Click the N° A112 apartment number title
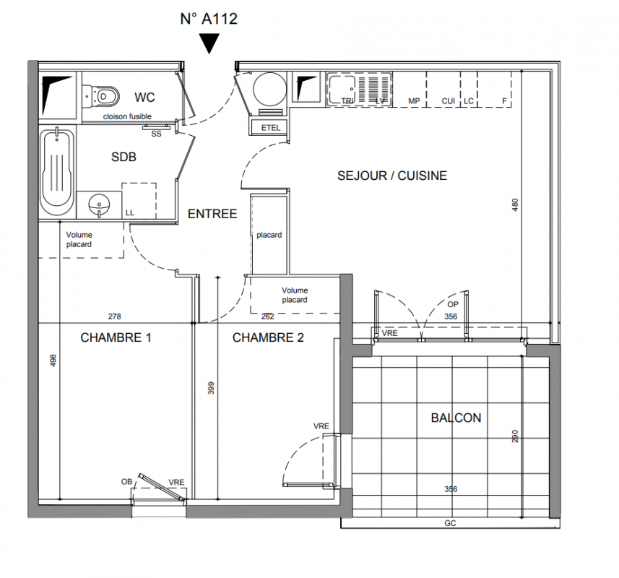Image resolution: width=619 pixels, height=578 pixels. [209, 19]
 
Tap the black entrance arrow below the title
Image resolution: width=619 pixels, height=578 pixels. [209, 43]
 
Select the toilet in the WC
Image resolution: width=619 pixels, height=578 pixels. [101, 96]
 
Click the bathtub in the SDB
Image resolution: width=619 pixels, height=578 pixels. [58, 171]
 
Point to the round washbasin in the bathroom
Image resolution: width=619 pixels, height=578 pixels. [99, 205]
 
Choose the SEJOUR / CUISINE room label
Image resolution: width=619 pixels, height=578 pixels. [392, 176]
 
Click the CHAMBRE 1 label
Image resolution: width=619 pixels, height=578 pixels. [116, 337]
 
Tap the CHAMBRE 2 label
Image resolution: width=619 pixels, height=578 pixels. [268, 337]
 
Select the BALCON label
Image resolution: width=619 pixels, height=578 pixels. [456, 418]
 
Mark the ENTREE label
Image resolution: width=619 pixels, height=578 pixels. [212, 214]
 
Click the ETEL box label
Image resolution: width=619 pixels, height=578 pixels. [270, 128]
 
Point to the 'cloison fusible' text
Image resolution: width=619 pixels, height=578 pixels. [127, 116]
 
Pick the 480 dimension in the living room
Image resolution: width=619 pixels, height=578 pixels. [515, 205]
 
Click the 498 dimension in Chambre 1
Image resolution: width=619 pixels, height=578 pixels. [53, 361]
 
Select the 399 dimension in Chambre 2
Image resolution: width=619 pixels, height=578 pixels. [211, 388]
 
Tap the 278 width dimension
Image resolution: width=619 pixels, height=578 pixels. [115, 316]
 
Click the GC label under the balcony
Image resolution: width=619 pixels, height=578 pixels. [450, 523]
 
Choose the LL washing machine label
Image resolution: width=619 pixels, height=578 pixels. [130, 213]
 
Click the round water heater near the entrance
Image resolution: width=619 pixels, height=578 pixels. [269, 89]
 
